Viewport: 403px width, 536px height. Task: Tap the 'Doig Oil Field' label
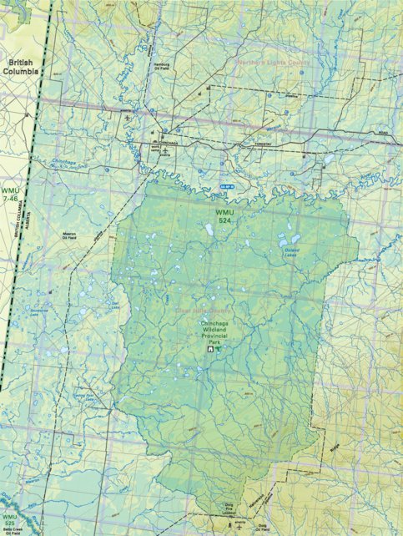(260, 526)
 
